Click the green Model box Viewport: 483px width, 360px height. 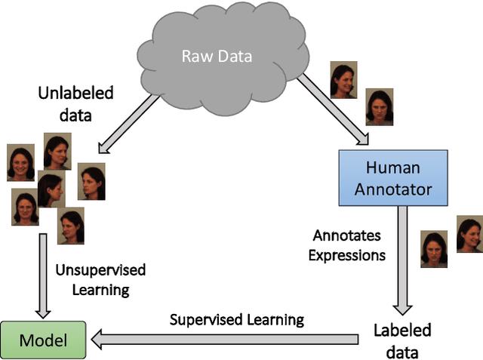[x=44, y=340]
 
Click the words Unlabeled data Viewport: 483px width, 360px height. [x=75, y=103]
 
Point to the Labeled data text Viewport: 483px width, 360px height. [x=402, y=340]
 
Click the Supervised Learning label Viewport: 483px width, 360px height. [x=236, y=319]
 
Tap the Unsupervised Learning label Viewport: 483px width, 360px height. [x=101, y=279]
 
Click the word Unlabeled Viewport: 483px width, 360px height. [x=75, y=94]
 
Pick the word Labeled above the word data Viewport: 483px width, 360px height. [x=402, y=331]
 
